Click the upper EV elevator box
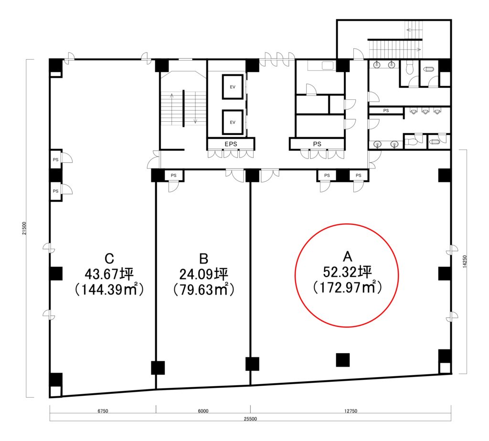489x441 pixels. click(233, 87)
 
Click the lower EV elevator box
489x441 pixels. click(233, 122)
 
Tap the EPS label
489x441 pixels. click(231, 144)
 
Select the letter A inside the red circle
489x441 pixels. click(348, 256)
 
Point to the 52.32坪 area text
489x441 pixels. click(347, 272)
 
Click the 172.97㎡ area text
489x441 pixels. click(347, 287)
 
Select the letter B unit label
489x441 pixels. click(203, 259)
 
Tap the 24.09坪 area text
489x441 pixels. click(203, 274)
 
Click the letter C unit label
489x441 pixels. click(109, 259)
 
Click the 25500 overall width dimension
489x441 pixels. click(250, 419)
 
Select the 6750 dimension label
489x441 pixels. click(103, 411)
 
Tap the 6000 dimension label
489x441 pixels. click(203, 411)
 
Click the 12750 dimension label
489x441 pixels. click(351, 411)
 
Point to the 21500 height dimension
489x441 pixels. click(24, 228)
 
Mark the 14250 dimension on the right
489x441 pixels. click(465, 262)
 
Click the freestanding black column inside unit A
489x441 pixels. click(343, 360)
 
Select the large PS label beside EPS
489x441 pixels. click(317, 144)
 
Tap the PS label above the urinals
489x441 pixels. click(386, 110)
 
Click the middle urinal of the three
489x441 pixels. click(425, 111)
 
